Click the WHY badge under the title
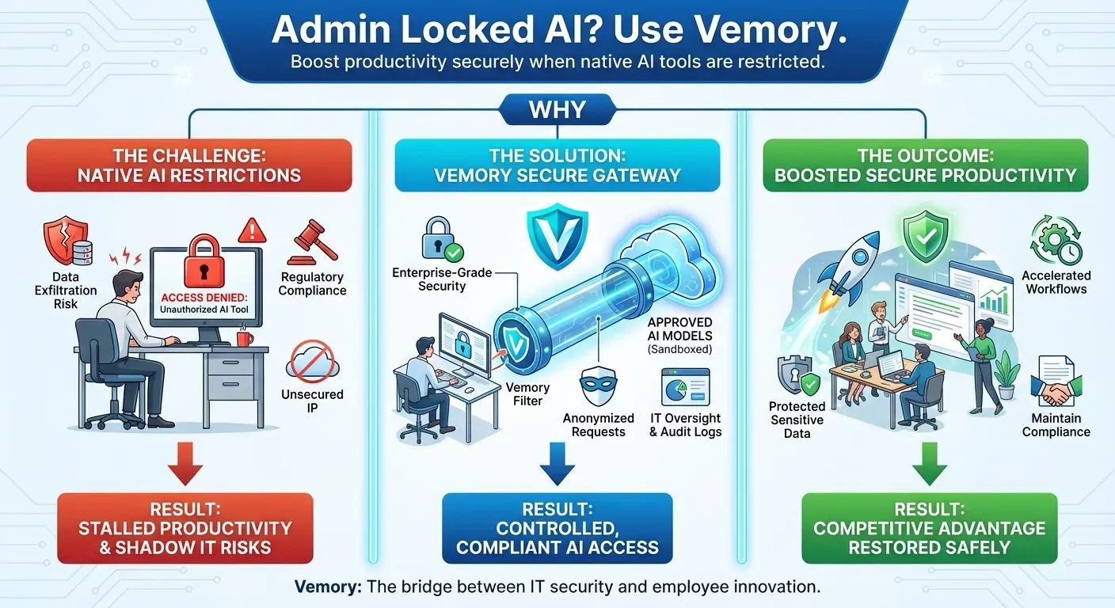557,109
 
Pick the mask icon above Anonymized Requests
598,389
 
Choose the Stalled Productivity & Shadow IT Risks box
185,528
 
